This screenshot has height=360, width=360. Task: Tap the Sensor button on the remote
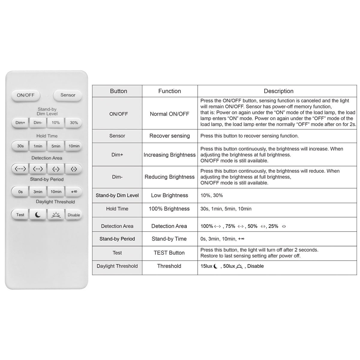click(x=68, y=95)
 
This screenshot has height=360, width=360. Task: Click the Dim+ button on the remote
click(x=20, y=123)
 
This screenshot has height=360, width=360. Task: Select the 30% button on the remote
click(x=74, y=123)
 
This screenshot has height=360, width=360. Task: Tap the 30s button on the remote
click(x=20, y=146)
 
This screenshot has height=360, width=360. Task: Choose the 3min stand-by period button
click(x=38, y=192)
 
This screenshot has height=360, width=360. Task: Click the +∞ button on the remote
click(x=74, y=192)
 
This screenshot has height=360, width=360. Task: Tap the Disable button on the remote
click(x=74, y=215)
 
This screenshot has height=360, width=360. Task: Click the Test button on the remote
click(x=20, y=215)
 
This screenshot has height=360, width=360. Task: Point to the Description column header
click(x=278, y=91)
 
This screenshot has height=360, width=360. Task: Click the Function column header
click(x=169, y=91)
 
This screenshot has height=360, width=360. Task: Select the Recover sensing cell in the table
click(x=169, y=136)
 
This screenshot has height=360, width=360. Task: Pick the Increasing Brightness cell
click(x=169, y=155)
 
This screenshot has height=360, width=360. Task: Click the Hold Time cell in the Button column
click(x=117, y=209)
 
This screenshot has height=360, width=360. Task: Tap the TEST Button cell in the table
click(x=169, y=253)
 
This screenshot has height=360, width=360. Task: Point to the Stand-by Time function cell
click(x=169, y=239)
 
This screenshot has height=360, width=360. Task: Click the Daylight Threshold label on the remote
click(x=55, y=202)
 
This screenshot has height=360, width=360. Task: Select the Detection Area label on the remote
click(x=47, y=158)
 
